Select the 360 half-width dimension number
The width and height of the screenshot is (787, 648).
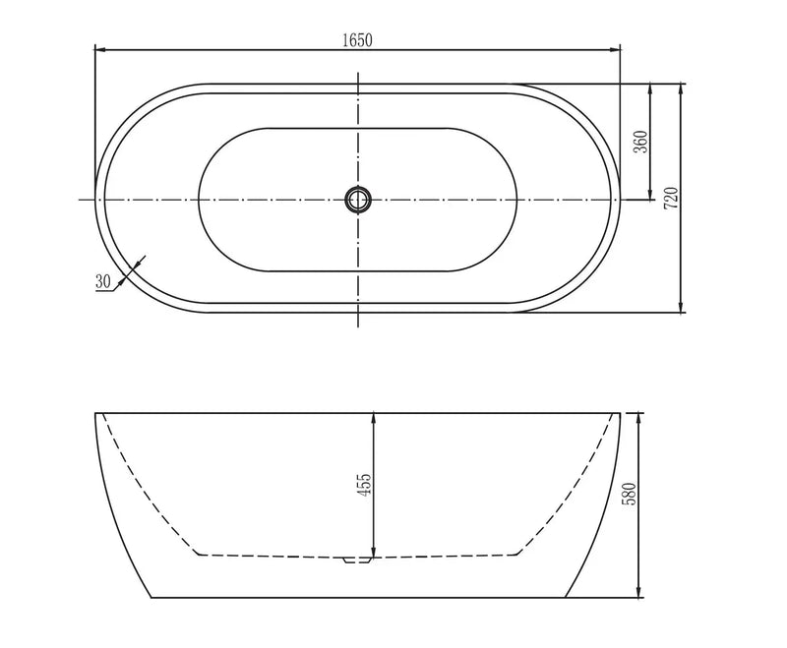pyautogui.click(x=639, y=142)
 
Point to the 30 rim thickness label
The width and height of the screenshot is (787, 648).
pyautogui.click(x=102, y=281)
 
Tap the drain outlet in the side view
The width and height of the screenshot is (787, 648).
pyautogui.click(x=357, y=560)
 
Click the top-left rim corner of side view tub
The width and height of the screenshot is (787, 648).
pyautogui.click(x=95, y=413)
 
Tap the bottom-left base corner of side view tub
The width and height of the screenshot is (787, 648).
pyautogui.click(x=151, y=598)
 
